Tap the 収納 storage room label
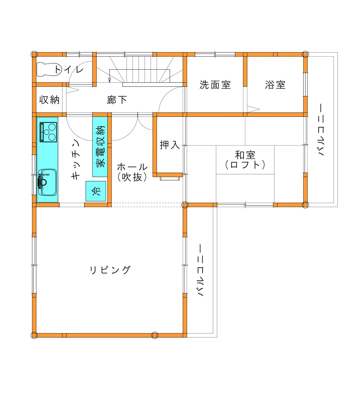[49, 100]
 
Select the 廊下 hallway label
[117, 100]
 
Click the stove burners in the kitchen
[48, 132]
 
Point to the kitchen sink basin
[47, 182]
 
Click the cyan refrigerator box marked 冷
[96, 191]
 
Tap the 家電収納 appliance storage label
[100, 147]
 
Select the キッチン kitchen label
[76, 160]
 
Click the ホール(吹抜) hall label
[132, 172]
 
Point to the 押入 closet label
[170, 145]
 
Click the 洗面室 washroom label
[215, 85]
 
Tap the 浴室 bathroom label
[275, 85]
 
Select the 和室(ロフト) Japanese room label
[245, 160]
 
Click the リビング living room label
[110, 270]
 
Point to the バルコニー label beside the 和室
[321, 130]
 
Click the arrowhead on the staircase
[110, 80]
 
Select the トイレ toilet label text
[69, 69]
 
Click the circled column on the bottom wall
[155, 335]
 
